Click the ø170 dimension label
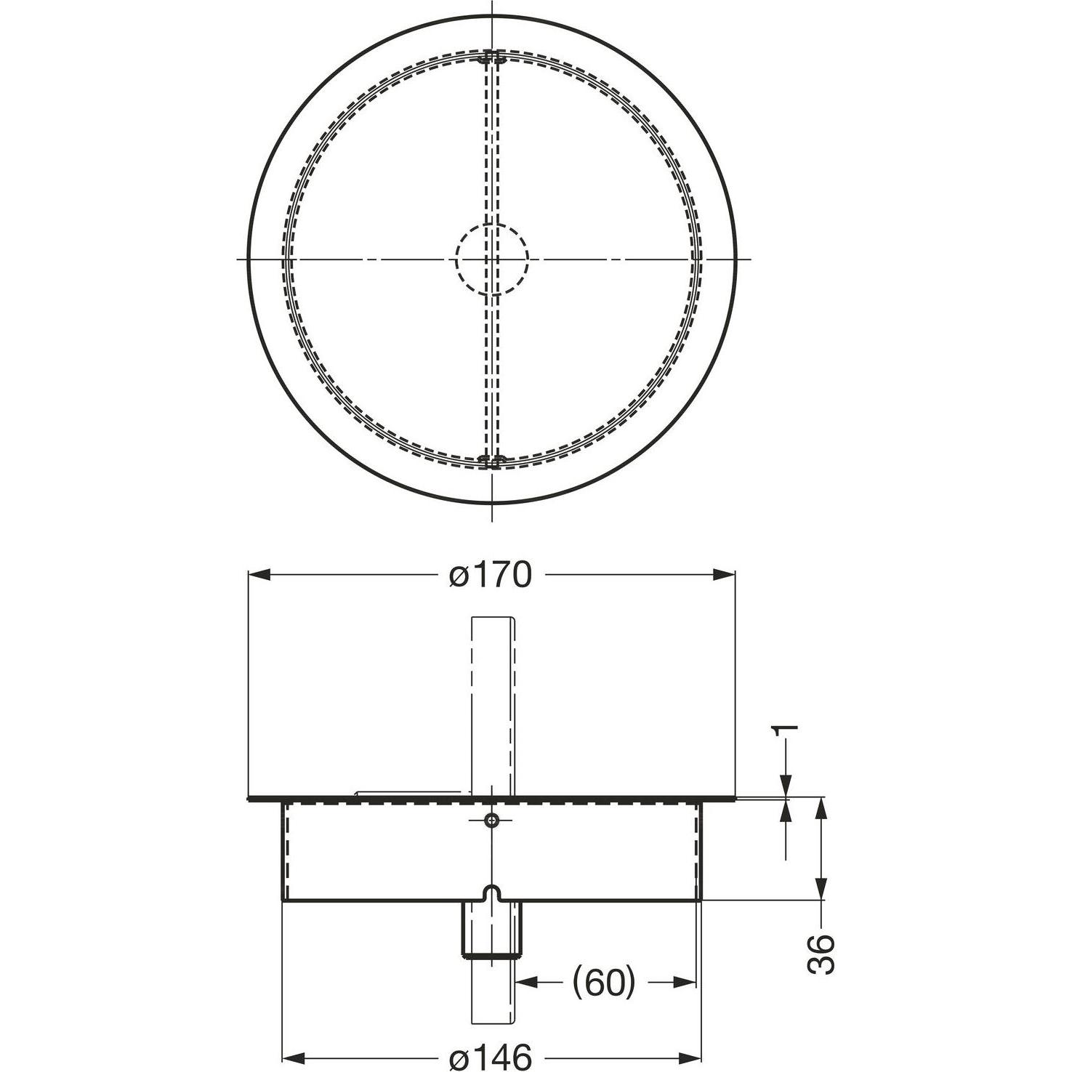[x=491, y=575]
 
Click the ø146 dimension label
[x=491, y=1056]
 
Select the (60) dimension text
[x=604, y=983]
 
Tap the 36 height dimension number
[x=821, y=954]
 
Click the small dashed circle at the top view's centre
[x=492, y=259]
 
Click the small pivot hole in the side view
[x=492, y=820]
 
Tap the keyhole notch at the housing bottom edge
[x=492, y=893]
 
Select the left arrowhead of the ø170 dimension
[x=260, y=575]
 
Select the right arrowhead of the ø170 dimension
[x=724, y=575]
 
